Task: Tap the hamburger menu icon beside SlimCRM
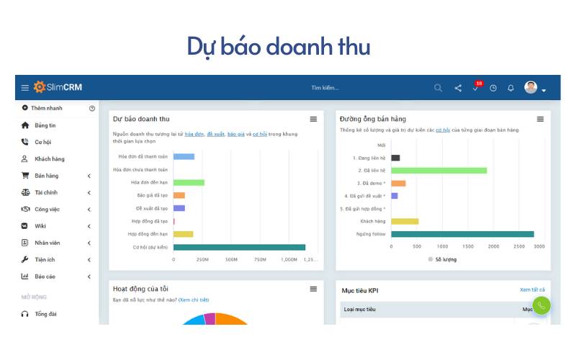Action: click(24, 88)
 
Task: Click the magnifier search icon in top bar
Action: click(438, 88)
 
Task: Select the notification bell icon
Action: click(510, 88)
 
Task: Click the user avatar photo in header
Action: click(531, 88)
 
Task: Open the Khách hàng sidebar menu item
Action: click(49, 158)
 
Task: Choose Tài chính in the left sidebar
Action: click(46, 192)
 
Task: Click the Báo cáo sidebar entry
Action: click(45, 276)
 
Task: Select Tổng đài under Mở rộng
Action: click(45, 314)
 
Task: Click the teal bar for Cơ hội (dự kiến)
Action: click(239, 247)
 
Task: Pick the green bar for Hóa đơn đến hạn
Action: click(189, 182)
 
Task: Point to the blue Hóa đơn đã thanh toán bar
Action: click(184, 156)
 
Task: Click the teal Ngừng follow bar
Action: click(462, 234)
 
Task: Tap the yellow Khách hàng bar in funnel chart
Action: click(405, 221)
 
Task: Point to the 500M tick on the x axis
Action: click(231, 259)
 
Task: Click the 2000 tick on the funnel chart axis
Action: click(493, 246)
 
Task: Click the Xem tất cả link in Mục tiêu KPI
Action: click(532, 289)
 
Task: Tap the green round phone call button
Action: click(541, 305)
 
